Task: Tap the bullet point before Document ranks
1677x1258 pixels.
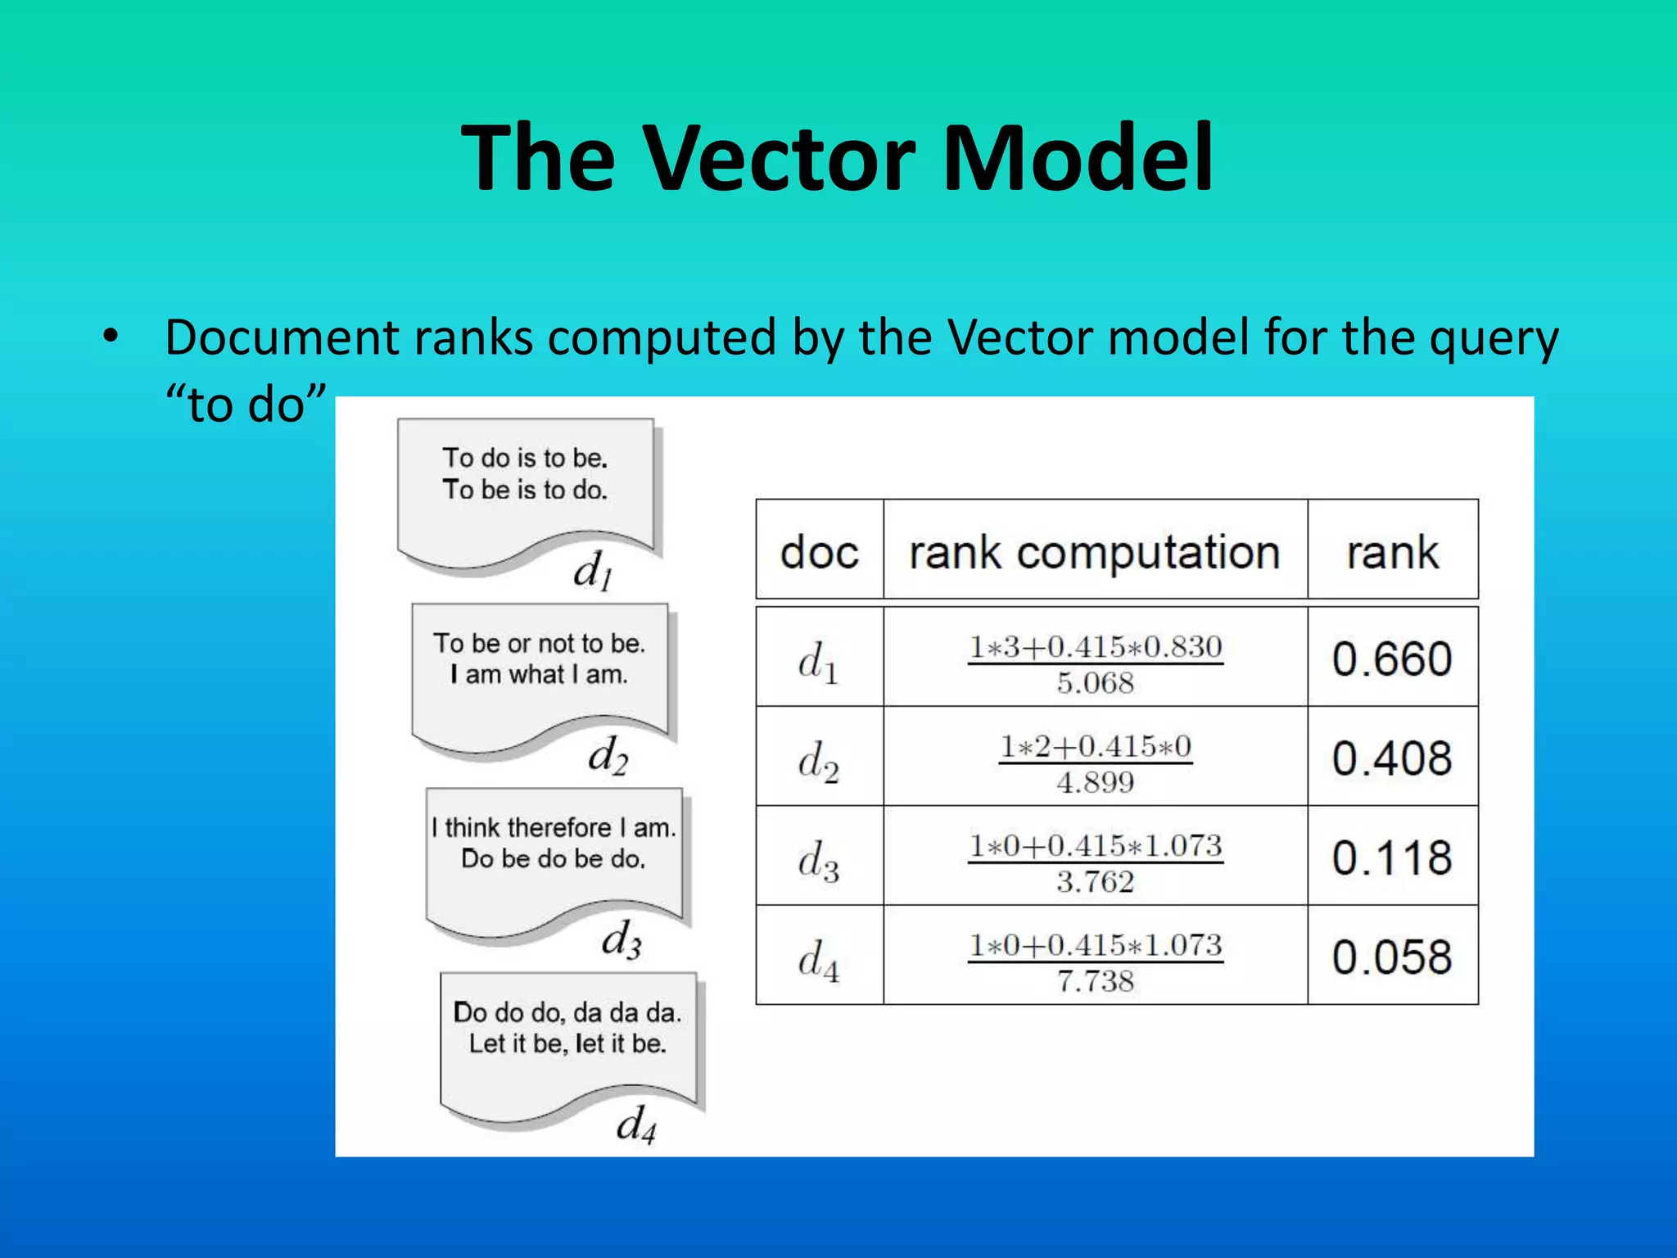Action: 111,337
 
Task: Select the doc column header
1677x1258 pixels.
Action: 819,551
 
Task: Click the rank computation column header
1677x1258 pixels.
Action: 1095,553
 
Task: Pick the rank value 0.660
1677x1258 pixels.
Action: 1392,658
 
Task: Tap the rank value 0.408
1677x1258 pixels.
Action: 1392,758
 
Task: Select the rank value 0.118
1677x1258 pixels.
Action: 1392,858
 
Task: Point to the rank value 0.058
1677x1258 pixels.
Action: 1392,957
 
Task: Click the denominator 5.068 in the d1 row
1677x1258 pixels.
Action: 1095,683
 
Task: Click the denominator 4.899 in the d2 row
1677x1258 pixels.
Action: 1095,783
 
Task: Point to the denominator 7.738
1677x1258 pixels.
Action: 1095,981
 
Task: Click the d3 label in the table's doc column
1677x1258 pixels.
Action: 818,860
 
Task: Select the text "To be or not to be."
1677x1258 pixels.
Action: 539,643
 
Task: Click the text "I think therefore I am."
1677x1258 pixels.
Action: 554,827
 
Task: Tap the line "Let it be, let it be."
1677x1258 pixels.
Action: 567,1043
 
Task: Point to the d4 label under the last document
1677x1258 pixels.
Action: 636,1124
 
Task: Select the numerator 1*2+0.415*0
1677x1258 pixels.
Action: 1095,746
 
